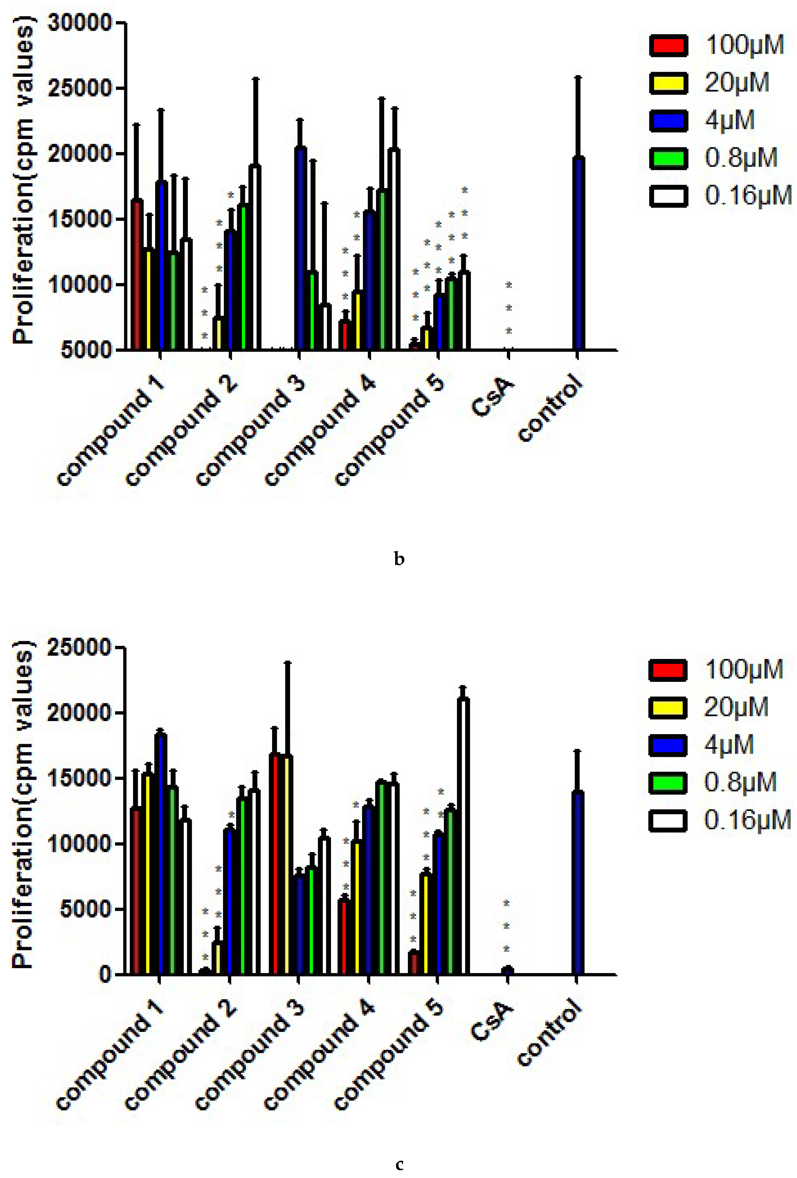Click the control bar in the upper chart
(x=578, y=254)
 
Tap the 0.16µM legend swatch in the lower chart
(x=668, y=820)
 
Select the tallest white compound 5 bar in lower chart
(x=463, y=836)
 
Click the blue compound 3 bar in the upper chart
(x=300, y=248)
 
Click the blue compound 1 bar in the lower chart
(x=161, y=854)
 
